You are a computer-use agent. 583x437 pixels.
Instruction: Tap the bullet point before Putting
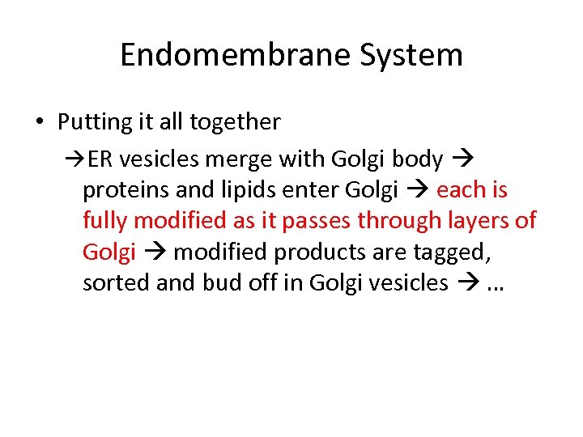[40, 123]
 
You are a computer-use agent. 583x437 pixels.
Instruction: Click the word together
[235, 122]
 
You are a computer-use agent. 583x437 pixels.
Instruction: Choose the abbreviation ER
[100, 159]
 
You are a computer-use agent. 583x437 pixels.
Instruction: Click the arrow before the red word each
[417, 190]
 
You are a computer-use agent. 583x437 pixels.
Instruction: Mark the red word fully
[105, 221]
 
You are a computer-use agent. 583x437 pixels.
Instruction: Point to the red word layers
[470, 221]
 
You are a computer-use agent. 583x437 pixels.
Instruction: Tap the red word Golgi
[109, 252]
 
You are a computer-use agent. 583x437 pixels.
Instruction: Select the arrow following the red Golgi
[155, 252]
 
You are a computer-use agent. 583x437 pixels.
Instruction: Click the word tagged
[452, 252]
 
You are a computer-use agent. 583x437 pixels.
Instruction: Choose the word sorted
[112, 282]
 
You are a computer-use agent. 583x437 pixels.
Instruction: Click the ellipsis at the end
[495, 286]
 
